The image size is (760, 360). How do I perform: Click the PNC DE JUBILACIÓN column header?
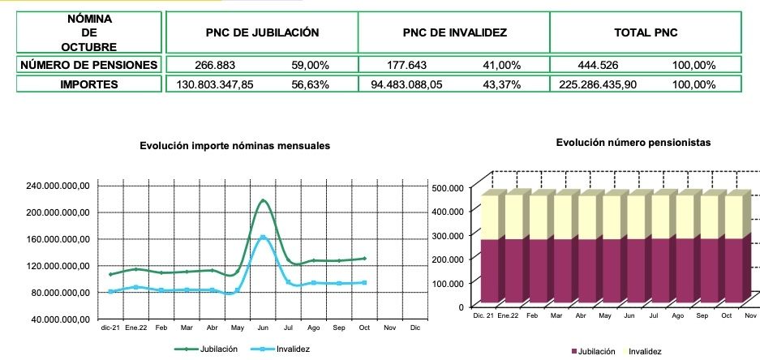click(261, 33)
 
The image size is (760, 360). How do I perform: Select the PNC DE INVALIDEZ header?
click(454, 33)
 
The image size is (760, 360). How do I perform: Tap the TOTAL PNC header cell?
click(646, 33)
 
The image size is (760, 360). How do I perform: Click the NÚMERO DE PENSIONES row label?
click(89, 65)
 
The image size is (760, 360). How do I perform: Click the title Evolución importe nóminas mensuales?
click(234, 146)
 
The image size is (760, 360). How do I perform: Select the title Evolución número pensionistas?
click(633, 142)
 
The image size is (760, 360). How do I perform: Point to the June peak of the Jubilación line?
click(264, 200)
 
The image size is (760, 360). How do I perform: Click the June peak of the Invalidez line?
click(263, 238)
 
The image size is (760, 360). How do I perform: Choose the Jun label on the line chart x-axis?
click(263, 328)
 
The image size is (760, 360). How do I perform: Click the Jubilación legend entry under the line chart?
click(207, 349)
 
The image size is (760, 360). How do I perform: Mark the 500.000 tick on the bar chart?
click(448, 188)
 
